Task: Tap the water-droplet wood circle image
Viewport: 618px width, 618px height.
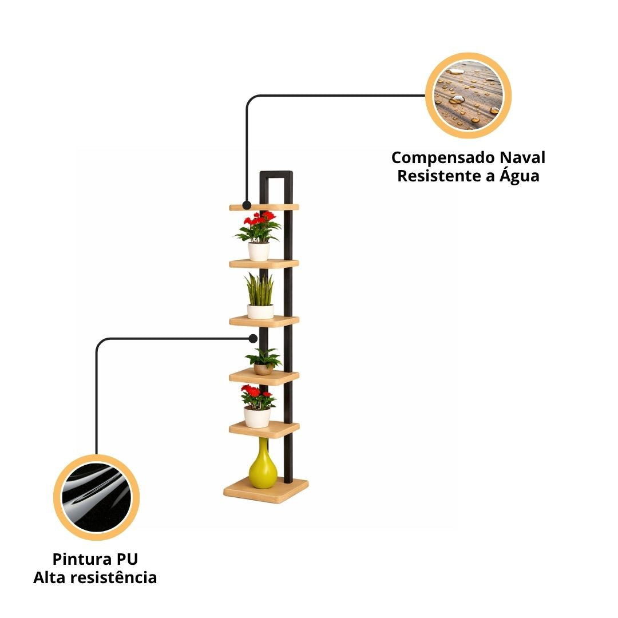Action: tap(468, 96)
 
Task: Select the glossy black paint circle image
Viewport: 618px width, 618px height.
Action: tap(96, 497)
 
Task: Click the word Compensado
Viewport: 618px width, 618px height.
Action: tap(443, 158)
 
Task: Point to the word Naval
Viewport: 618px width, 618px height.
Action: tap(523, 157)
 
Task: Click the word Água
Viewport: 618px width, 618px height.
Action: tap(520, 175)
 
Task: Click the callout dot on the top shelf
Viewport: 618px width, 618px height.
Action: tap(247, 205)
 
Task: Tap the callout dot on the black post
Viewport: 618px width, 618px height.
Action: tap(253, 339)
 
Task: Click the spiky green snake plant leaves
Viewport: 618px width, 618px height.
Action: tap(259, 290)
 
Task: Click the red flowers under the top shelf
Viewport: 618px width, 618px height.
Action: tap(259, 227)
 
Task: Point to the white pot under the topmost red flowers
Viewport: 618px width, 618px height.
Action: tap(259, 251)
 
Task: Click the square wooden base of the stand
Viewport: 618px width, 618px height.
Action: tap(266, 490)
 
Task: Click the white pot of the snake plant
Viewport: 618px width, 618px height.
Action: tap(260, 312)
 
